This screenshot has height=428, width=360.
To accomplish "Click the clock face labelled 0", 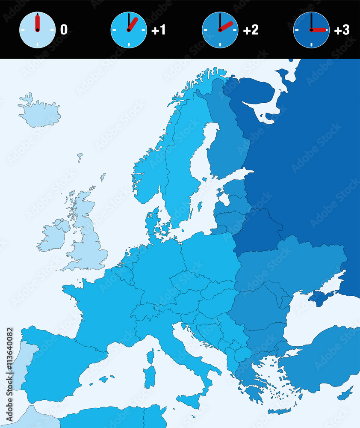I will click(38, 30).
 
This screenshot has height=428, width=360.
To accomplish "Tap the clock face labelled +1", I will click(129, 30).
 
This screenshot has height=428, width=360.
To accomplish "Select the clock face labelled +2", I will click(220, 30).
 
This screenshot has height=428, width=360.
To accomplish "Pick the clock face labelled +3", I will click(311, 30).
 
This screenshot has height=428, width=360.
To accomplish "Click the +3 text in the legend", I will click(341, 30).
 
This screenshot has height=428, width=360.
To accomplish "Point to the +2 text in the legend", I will click(251, 30).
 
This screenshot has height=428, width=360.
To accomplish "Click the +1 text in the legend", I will click(158, 30).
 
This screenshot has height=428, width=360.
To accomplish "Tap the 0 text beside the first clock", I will click(64, 30).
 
